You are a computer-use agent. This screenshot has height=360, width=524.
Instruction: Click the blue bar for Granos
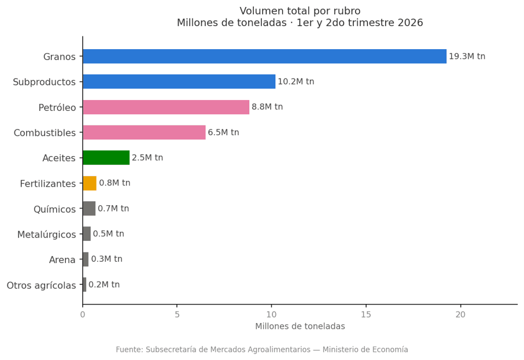(265, 56)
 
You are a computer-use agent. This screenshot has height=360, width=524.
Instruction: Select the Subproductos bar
(179, 81)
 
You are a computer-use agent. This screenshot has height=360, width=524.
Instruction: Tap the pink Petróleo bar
(166, 107)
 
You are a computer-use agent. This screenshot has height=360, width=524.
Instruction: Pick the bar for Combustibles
(144, 132)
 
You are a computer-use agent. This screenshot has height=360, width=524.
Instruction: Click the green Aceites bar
(106, 158)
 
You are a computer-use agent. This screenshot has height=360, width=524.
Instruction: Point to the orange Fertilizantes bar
(90, 183)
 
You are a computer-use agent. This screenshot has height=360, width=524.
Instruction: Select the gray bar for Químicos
(89, 209)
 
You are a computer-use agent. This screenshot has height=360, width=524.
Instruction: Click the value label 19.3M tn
(467, 56)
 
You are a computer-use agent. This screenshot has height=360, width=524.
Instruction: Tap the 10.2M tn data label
(296, 81)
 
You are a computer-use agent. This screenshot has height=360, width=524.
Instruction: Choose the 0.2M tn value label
(104, 284)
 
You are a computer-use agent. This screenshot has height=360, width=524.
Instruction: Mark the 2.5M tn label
(147, 158)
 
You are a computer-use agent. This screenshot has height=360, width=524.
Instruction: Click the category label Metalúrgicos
(46, 235)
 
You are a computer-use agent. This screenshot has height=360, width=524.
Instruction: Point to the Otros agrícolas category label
(42, 285)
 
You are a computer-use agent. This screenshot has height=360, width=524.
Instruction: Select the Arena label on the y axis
(62, 260)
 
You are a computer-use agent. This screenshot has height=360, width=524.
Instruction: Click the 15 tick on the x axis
(366, 314)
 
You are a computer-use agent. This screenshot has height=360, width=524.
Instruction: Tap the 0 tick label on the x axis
(83, 314)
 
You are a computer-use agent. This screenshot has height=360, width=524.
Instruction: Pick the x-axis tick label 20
(460, 314)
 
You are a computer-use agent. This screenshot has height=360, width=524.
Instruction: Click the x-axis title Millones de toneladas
(300, 326)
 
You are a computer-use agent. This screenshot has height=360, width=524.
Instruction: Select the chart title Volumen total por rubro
(300, 11)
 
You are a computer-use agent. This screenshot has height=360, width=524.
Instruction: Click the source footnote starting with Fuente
(262, 350)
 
